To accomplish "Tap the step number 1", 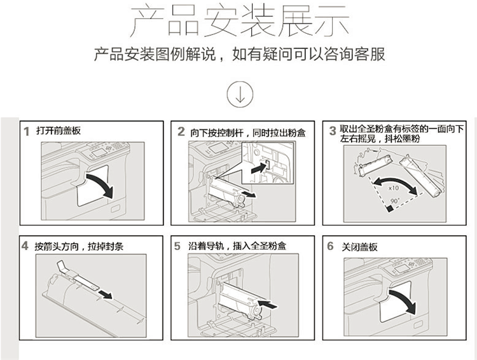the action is [x=27, y=132].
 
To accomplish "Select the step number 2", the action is [x=181, y=132].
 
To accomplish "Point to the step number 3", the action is [x=333, y=131].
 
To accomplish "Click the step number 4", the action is [x=25, y=246].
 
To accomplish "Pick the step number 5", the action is [x=177, y=246].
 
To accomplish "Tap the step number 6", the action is [x=330, y=246].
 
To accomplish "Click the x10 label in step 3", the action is [x=394, y=188].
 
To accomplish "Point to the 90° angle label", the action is [x=394, y=201].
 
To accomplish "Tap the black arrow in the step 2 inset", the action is [x=259, y=167].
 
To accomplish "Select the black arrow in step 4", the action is [x=105, y=294].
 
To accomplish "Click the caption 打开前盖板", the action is [x=59, y=131].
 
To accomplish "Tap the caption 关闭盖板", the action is [x=359, y=247].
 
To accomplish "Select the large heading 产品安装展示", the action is [x=240, y=21].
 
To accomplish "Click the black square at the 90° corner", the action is [x=389, y=209].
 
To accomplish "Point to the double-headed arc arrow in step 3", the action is [x=396, y=179].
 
